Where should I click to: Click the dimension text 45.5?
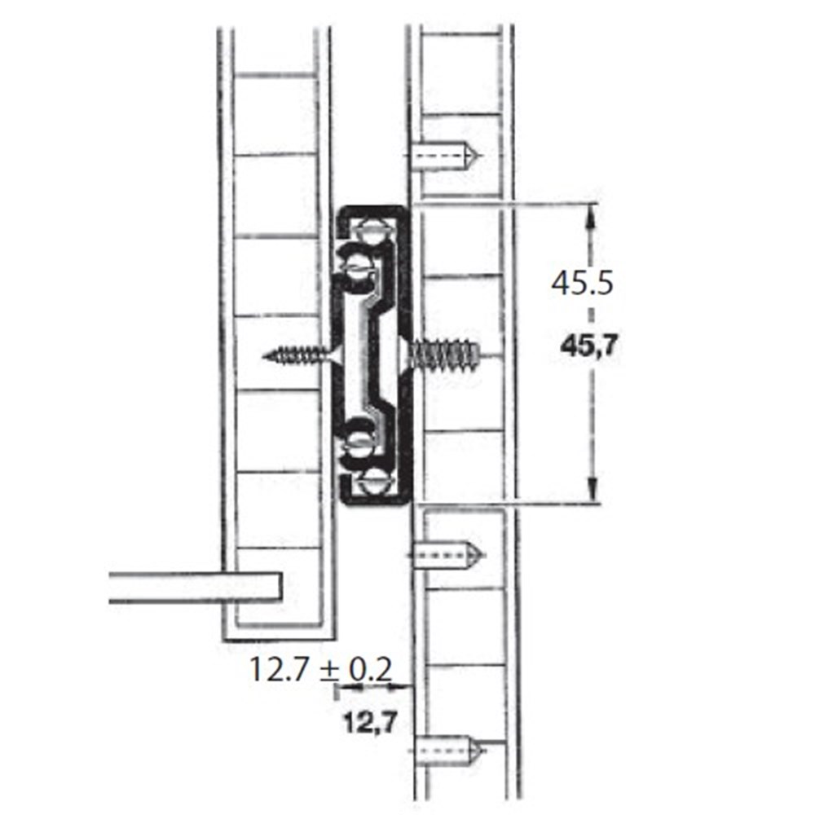(582, 284)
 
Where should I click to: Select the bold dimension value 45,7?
(589, 346)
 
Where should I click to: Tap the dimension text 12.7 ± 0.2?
(320, 669)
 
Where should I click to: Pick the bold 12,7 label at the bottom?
(370, 722)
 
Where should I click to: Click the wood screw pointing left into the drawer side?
(302, 355)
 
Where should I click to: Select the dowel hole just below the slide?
(448, 554)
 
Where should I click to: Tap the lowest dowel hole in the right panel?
(450, 750)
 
